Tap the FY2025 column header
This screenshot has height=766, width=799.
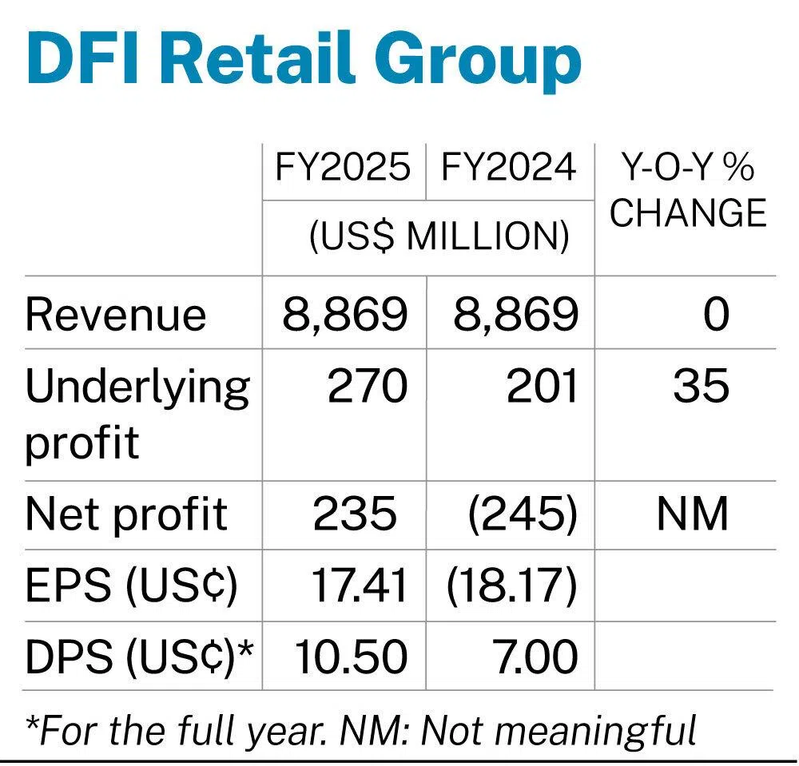click(343, 168)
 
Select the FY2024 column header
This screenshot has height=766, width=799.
click(509, 168)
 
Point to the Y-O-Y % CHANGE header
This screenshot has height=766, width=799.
click(688, 191)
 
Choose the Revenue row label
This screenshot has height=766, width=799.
click(116, 315)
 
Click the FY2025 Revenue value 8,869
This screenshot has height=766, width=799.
click(344, 315)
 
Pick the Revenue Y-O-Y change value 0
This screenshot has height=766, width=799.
click(715, 315)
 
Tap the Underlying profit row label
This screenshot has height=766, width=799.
click(137, 414)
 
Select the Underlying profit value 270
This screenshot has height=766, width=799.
click(368, 387)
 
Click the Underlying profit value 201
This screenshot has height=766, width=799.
click(541, 387)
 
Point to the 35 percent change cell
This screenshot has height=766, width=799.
click(701, 387)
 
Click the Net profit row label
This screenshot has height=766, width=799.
click(126, 515)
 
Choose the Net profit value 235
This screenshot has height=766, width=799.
click(354, 515)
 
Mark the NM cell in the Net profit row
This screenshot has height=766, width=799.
click(692, 515)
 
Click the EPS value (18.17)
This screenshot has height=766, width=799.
click(512, 587)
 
